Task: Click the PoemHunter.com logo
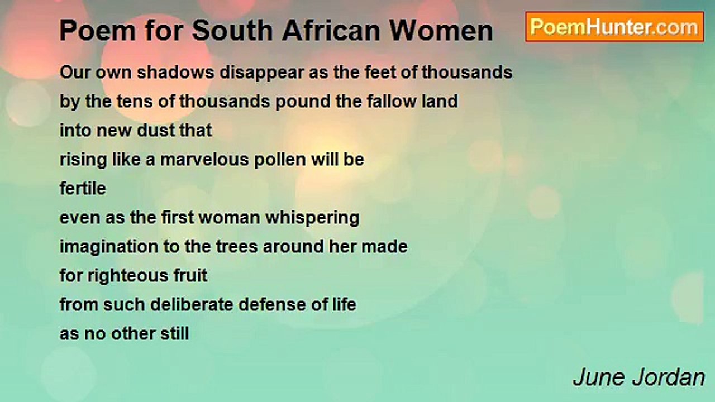coord(614,26)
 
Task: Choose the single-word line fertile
coord(83,189)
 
